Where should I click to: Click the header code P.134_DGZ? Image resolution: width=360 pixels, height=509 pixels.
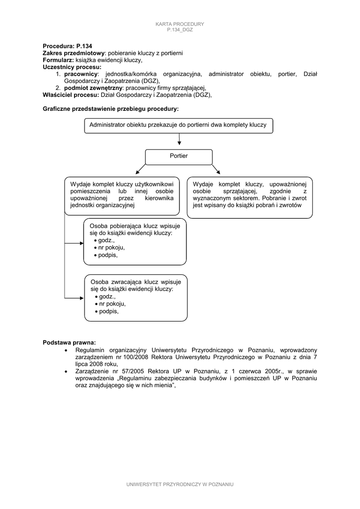pos(180,30)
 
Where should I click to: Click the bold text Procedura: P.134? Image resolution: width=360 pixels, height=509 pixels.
pos(67,46)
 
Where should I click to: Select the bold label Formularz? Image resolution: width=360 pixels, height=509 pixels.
pos(58,60)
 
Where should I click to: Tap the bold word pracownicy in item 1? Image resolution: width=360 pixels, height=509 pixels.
pos(81,74)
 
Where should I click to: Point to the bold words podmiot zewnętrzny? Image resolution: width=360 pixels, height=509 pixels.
pos(93,88)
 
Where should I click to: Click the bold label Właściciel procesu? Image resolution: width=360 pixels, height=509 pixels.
pos(71,95)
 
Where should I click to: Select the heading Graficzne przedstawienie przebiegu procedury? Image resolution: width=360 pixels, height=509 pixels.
pos(111,108)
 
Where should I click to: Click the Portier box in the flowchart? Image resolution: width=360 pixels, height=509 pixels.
pos(179,157)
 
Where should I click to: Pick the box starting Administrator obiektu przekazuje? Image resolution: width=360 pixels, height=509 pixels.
pos(179,125)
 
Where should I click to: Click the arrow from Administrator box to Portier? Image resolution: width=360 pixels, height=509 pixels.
pos(179,141)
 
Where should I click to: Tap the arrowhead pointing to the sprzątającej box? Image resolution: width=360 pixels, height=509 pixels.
pos(218,172)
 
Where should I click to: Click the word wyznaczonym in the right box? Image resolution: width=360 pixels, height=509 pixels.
pos(211,198)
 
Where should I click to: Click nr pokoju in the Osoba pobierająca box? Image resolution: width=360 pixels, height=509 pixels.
pos(112,248)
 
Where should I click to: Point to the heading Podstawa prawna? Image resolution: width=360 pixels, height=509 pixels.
pos(69,342)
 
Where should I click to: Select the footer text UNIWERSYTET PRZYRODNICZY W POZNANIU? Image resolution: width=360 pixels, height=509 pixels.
pos(180,484)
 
